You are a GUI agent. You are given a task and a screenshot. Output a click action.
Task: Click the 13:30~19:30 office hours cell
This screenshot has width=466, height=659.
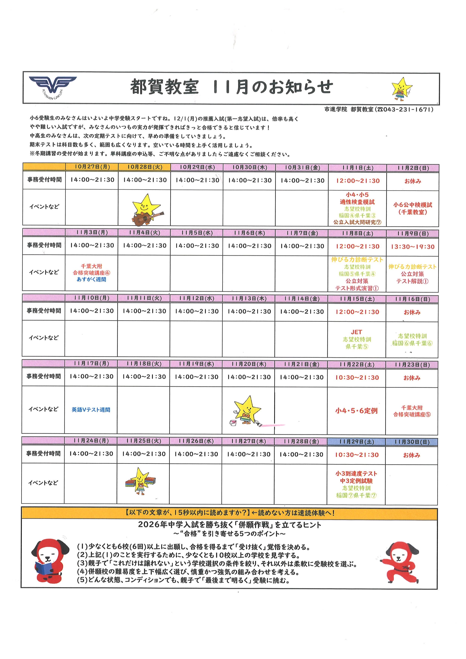click(x=412, y=247)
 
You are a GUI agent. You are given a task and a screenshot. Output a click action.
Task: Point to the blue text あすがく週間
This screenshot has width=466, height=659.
click(x=91, y=279)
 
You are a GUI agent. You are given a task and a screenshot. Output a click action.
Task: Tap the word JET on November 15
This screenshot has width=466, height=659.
click(x=356, y=332)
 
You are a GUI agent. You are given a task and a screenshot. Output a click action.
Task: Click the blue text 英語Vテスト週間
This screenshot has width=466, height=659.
click(x=91, y=410)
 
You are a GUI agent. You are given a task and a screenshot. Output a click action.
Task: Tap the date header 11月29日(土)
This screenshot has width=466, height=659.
click(x=356, y=442)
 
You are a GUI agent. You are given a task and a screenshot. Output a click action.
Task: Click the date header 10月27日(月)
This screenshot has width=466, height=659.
click(x=92, y=167)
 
